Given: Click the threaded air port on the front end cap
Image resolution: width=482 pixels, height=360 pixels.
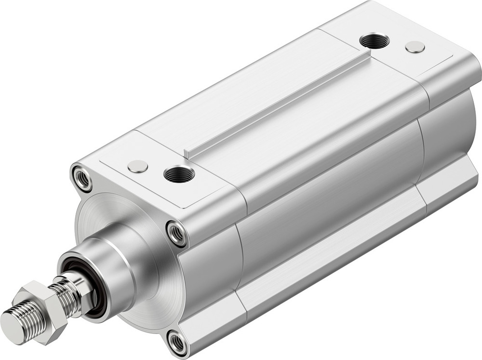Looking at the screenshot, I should [x=179, y=174].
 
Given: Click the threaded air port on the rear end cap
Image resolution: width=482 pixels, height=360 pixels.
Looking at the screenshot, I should [x=375, y=41].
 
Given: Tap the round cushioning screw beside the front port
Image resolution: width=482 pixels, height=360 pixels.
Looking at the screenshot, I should [x=138, y=166].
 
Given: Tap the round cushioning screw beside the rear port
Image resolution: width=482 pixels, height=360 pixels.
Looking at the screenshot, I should [x=415, y=47].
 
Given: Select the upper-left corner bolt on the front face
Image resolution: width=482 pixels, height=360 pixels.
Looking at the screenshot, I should [x=82, y=178].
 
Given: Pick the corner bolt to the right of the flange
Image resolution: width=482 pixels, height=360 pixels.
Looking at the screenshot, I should [x=177, y=233].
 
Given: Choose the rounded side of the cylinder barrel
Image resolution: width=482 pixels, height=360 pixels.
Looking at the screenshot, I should [x=328, y=193].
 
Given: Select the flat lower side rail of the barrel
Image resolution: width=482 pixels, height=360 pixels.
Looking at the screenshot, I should [x=328, y=251].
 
